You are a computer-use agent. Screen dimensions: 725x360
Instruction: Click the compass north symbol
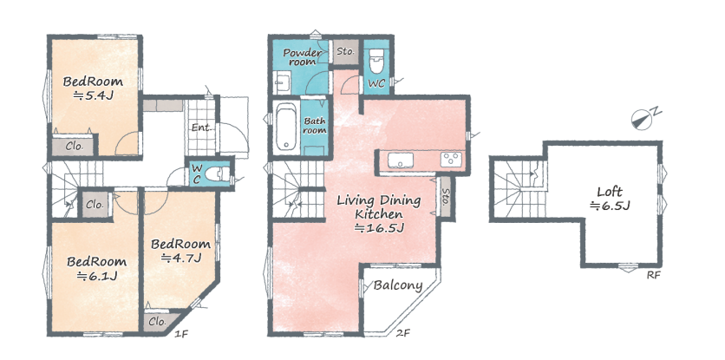tap(645, 117)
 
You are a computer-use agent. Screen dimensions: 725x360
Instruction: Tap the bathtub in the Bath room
tap(287, 127)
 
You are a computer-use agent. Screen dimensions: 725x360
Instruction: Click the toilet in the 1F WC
tap(215, 174)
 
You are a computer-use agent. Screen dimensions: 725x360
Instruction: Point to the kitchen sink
tap(401, 160)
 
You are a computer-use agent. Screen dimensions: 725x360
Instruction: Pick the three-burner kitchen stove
tap(450, 160)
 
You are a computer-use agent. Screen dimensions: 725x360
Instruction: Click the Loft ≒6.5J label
tap(610, 198)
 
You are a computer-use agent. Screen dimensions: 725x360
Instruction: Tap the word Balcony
tap(398, 285)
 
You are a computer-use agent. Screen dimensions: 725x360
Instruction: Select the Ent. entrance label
tap(202, 128)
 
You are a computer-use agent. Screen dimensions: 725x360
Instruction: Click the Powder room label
tap(303, 57)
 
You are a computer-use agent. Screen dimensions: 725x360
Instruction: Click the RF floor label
tap(653, 275)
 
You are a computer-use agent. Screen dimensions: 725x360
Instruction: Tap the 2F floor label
tap(403, 333)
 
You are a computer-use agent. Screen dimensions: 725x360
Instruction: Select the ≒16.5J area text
tap(379, 227)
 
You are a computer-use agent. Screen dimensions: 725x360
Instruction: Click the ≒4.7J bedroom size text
tap(181, 258)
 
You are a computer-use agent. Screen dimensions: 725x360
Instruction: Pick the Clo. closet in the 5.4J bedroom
tap(74, 147)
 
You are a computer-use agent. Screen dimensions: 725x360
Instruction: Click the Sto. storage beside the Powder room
tap(345, 52)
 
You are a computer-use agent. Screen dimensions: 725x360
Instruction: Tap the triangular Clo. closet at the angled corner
tap(160, 322)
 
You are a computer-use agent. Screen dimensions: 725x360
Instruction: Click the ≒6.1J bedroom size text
tap(97, 276)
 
